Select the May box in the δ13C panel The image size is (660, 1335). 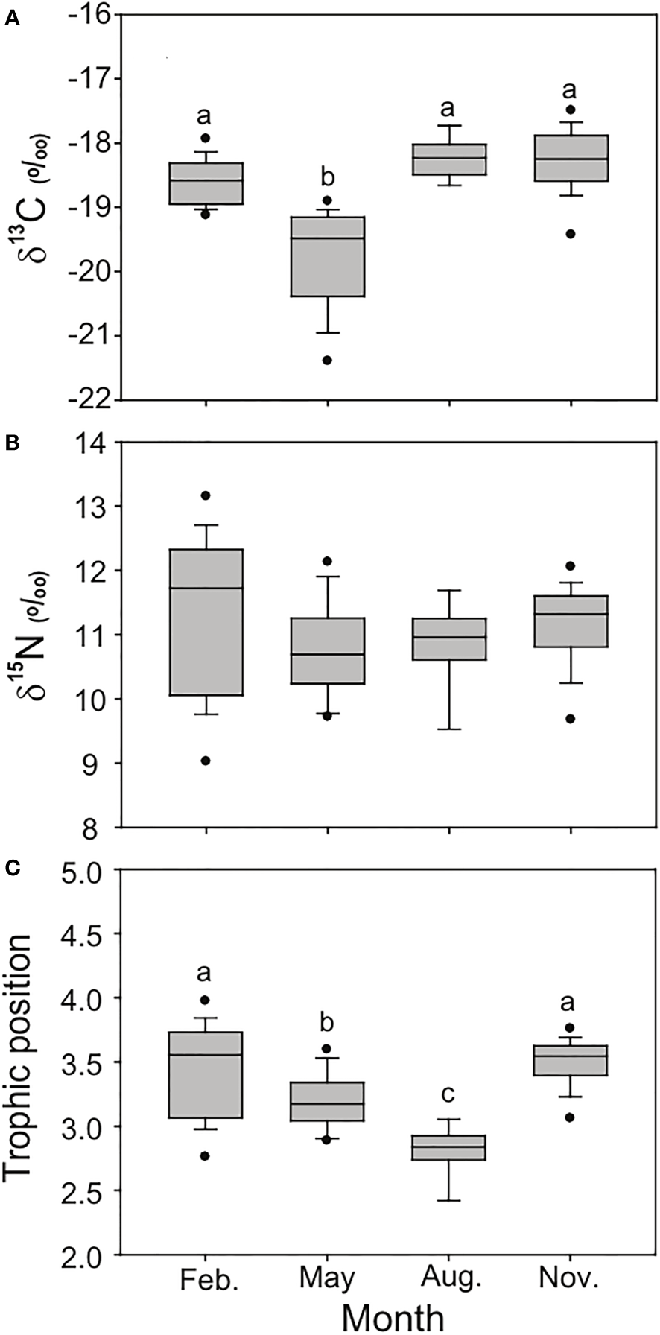328,256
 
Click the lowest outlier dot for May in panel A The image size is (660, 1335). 328,361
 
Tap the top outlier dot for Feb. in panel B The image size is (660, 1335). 206,495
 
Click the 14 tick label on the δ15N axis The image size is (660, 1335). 95,443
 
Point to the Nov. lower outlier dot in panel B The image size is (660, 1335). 571,719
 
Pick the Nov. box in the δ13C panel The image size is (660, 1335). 571,158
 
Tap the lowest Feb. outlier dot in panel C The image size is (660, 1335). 206,1156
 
